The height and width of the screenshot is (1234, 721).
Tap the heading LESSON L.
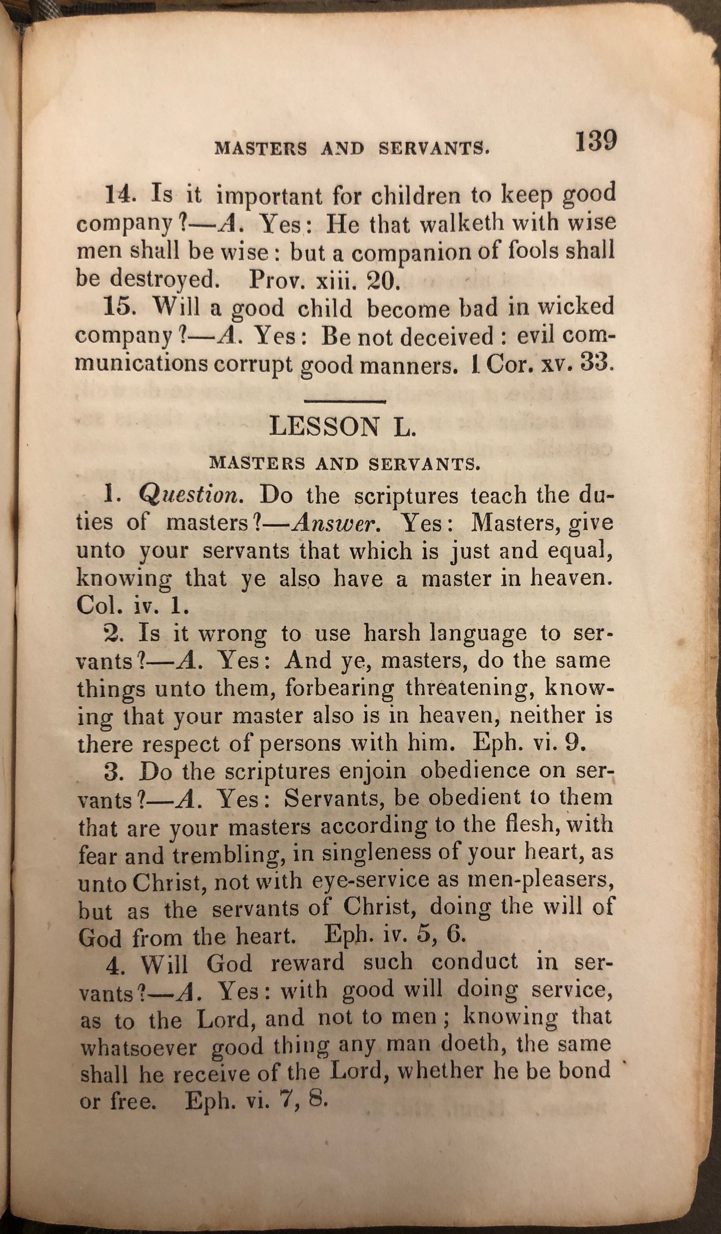click(343, 427)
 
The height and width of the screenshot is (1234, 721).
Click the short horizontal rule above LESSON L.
click(345, 402)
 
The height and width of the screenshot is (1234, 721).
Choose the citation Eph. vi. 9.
click(529, 743)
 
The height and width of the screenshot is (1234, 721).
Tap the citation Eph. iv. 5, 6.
click(394, 936)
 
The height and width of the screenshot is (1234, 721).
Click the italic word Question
click(191, 496)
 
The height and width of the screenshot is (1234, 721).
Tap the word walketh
click(462, 223)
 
